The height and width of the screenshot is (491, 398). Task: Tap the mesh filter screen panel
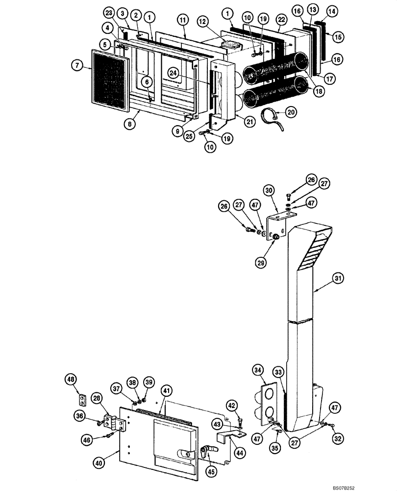pos(110,79)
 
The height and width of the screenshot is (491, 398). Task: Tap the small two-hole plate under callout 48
pos(84,400)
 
